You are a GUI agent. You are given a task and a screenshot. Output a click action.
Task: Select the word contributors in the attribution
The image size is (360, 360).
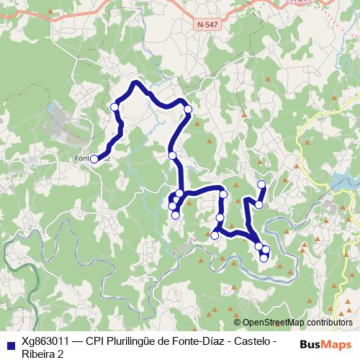330,323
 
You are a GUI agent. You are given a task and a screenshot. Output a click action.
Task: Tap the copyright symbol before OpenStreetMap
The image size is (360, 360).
238,323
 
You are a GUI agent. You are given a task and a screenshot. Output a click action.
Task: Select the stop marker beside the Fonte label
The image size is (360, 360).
94,159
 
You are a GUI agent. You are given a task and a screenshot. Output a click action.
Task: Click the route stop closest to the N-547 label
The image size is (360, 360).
188,109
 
